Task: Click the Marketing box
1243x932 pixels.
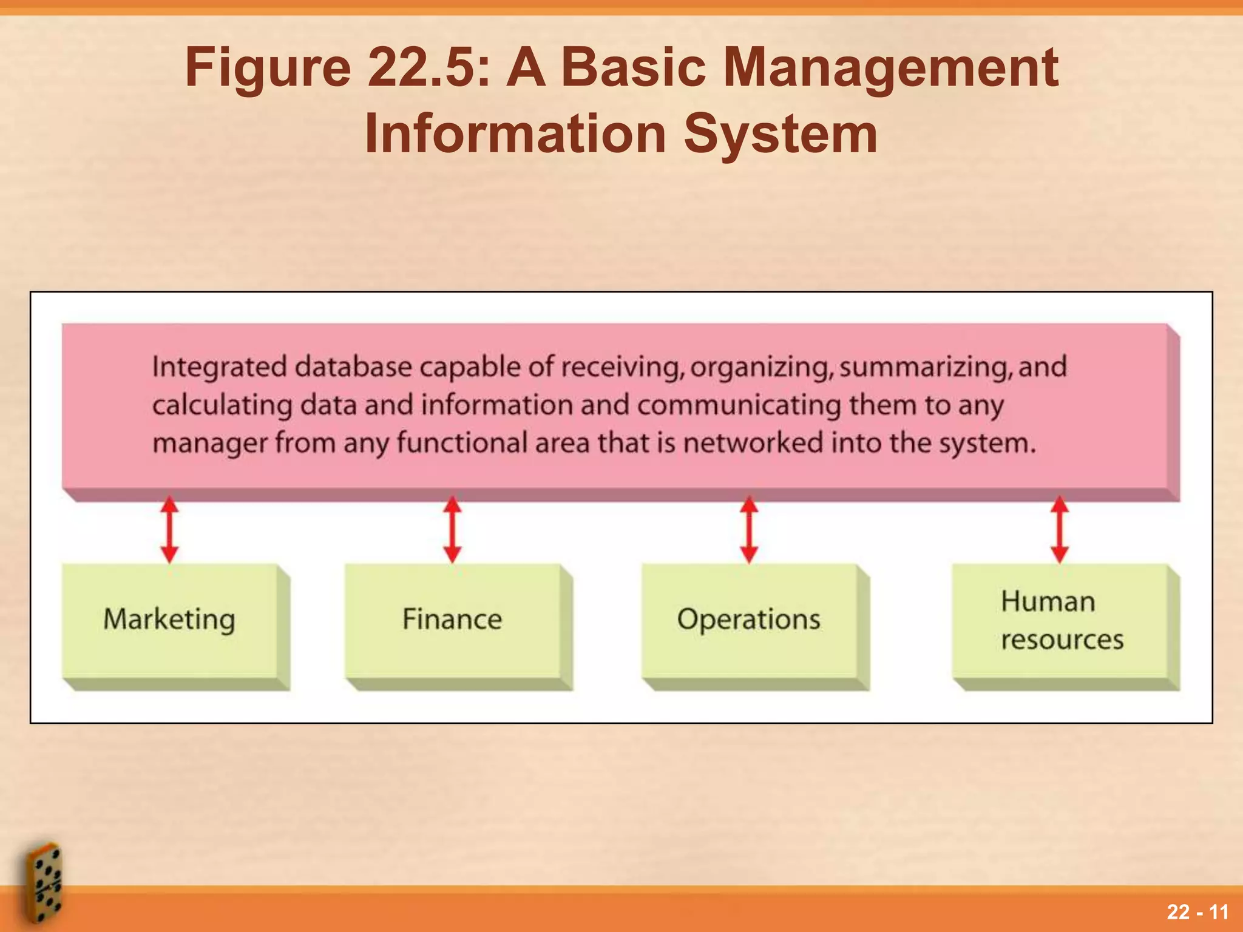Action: (x=170, y=620)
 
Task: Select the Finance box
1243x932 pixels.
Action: (x=452, y=620)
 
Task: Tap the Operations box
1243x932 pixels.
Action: (x=749, y=620)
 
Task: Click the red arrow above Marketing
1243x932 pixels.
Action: (x=170, y=530)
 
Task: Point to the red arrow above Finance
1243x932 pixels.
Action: (x=452, y=530)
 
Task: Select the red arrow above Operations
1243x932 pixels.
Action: (x=749, y=530)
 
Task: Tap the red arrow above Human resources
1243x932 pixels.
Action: (x=1060, y=530)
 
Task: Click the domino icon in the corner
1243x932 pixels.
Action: (x=44, y=883)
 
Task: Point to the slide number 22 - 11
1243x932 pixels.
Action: (x=1197, y=912)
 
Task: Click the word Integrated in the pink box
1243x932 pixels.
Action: (x=219, y=368)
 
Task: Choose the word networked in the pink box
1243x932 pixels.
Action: (x=753, y=443)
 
